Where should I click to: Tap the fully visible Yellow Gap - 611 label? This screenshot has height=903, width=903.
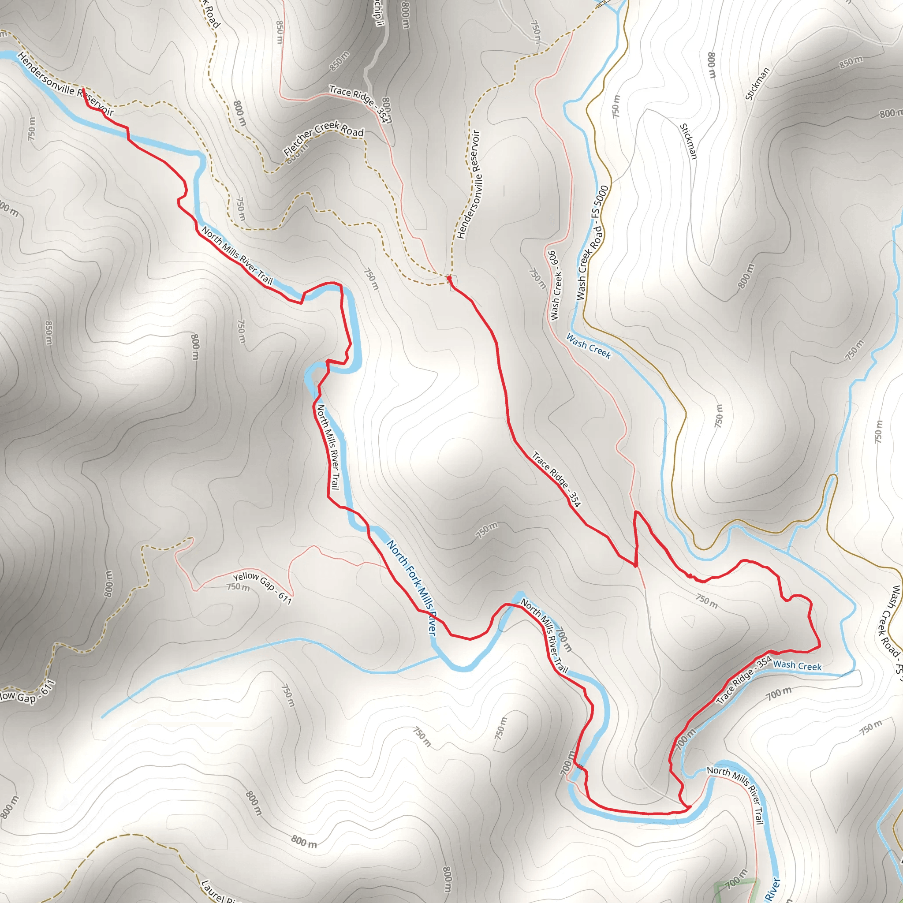[262, 587]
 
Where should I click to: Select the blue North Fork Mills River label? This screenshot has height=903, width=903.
[411, 587]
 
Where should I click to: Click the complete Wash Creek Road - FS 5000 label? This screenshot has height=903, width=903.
[593, 243]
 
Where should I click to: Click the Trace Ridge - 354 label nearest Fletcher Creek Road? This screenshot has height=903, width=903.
[358, 103]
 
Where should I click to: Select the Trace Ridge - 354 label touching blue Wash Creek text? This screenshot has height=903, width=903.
[744, 679]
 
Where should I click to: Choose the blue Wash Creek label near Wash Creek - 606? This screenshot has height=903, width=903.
[589, 346]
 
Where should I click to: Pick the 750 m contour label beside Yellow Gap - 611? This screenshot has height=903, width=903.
[238, 587]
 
